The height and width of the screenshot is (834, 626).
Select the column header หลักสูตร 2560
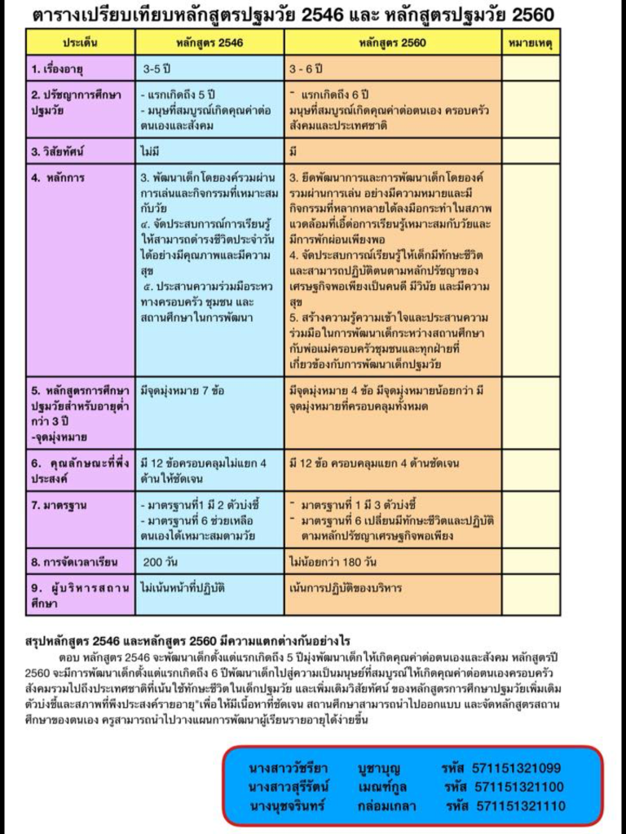[x=394, y=41]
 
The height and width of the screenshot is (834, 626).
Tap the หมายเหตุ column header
[x=530, y=41]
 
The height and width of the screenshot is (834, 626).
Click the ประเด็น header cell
[x=80, y=41]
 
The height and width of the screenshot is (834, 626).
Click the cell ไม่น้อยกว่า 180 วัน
[x=333, y=561]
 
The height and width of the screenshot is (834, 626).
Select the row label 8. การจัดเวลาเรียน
[x=75, y=561]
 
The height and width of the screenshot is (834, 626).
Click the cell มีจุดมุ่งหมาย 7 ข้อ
[x=183, y=390]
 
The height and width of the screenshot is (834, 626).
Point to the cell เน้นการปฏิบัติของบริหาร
[x=346, y=587]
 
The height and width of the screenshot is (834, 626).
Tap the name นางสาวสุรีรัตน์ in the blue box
[x=288, y=787]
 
